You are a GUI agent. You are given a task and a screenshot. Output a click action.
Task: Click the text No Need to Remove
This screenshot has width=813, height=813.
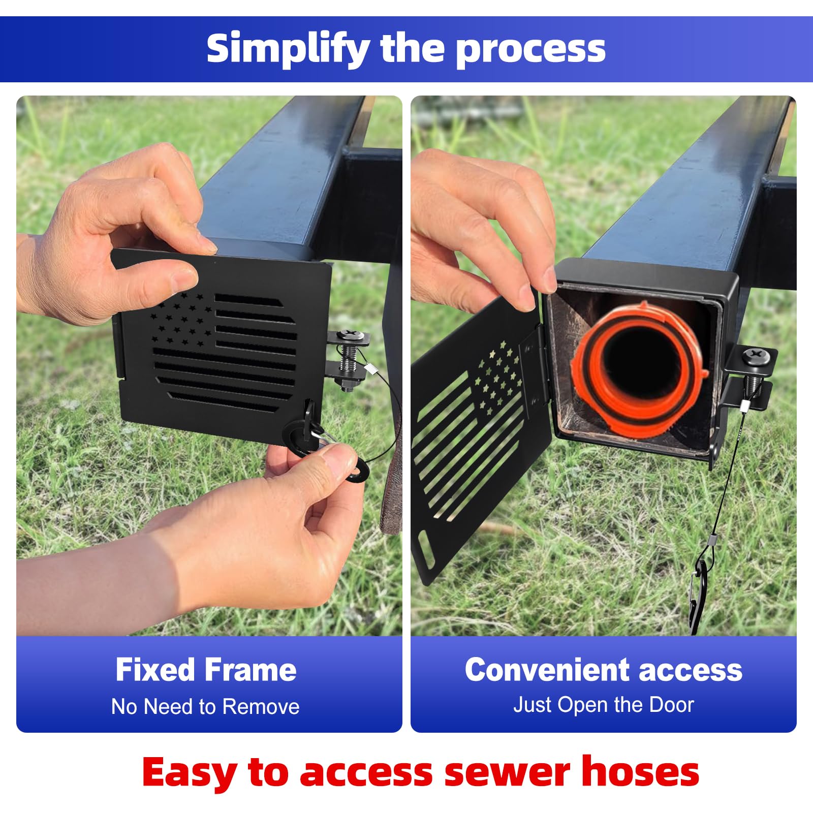click(205, 707)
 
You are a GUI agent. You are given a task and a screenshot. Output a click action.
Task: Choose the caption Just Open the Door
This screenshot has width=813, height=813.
click(603, 705)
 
